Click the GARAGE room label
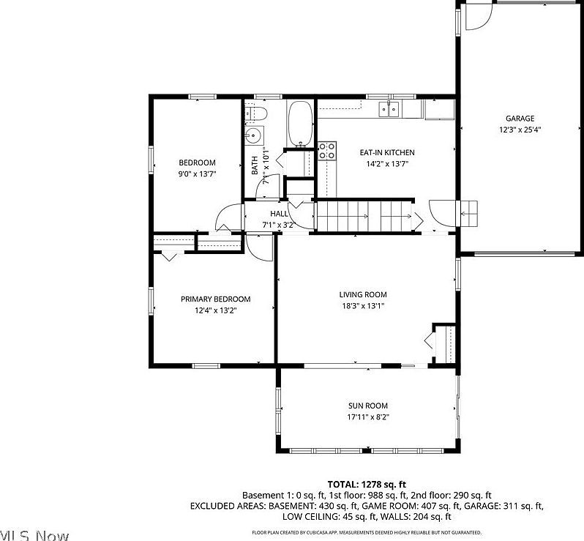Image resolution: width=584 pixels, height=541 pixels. pyautogui.click(x=520, y=119)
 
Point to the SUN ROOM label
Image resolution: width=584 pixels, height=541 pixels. pyautogui.click(x=367, y=406)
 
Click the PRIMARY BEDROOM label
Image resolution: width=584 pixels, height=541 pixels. pyautogui.click(x=216, y=299)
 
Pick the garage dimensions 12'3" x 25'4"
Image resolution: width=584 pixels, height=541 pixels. pyautogui.click(x=520, y=130)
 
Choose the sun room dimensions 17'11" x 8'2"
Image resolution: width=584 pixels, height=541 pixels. pyautogui.click(x=367, y=417)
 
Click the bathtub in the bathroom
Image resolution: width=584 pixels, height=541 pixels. pyautogui.click(x=300, y=124)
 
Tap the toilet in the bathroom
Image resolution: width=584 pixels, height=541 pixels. pyautogui.click(x=256, y=113)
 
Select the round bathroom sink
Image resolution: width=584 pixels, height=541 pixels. pyautogui.click(x=254, y=135)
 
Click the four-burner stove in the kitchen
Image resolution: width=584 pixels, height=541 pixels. pyautogui.click(x=327, y=151)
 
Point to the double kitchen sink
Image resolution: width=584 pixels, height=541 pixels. pyautogui.click(x=389, y=110)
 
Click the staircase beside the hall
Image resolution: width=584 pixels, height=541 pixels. pyautogui.click(x=364, y=217)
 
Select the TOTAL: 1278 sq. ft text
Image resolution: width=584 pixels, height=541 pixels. pyautogui.click(x=367, y=484)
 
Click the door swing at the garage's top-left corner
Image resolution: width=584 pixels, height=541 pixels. pyautogui.click(x=477, y=18)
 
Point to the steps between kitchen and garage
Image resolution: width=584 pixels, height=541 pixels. pyautogui.click(x=468, y=212)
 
